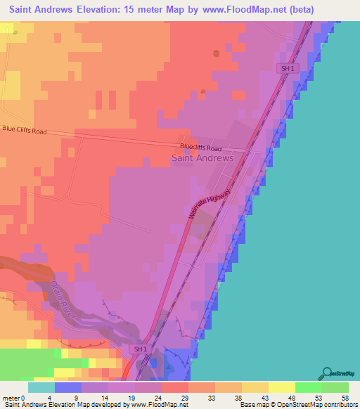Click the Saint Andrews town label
(202, 158)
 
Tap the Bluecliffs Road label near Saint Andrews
(200, 148)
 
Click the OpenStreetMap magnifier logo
(326, 374)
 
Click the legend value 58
(345, 397)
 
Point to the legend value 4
(50, 397)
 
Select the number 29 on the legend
(184, 397)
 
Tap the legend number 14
(104, 397)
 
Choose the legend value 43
(264, 397)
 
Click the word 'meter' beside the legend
(11, 397)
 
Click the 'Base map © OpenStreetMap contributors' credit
(297, 405)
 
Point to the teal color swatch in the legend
(41, 387)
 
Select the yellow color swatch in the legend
(281, 387)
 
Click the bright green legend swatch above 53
(308, 387)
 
